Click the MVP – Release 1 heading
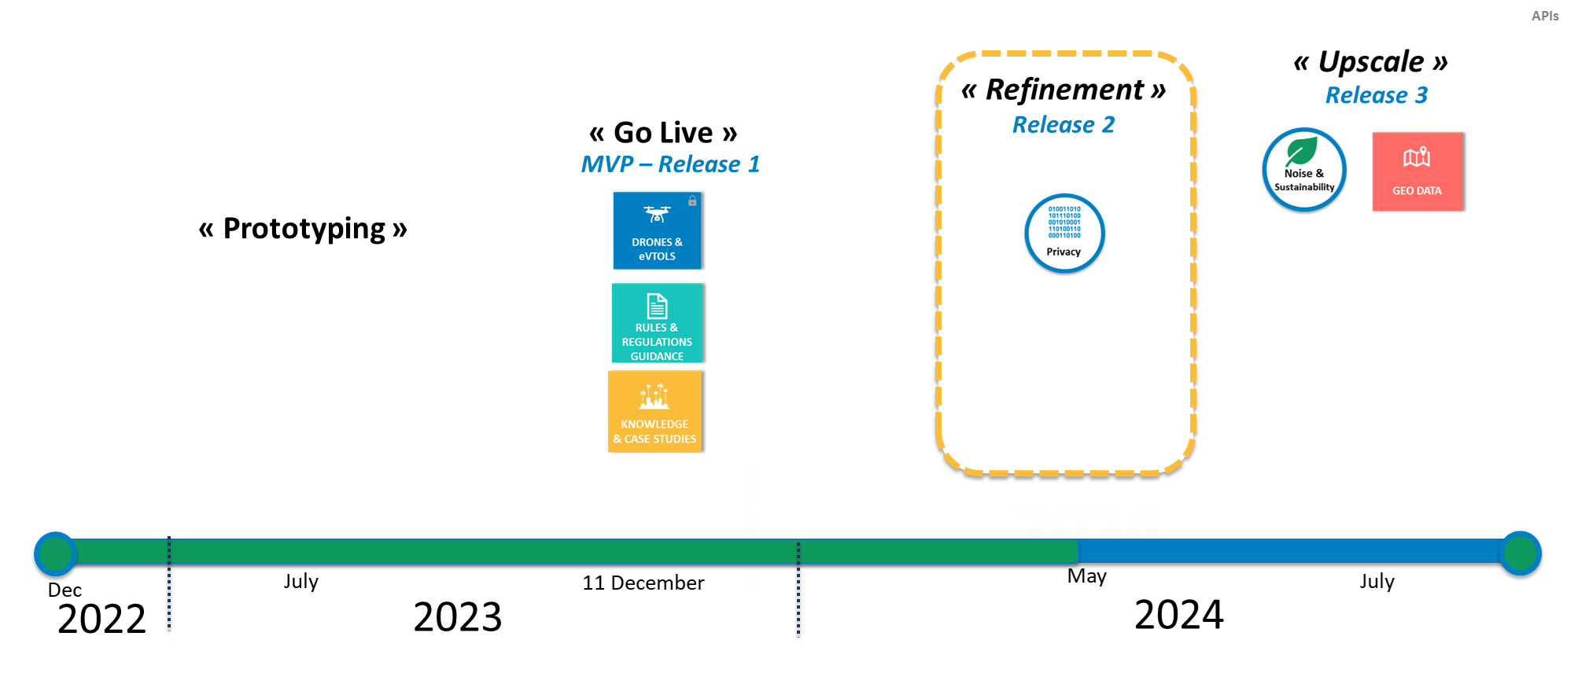[x=670, y=164]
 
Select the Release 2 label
[x=1063, y=125]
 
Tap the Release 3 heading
[x=1376, y=95]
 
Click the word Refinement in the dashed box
[x=1064, y=90]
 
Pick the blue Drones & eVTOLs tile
[x=657, y=231]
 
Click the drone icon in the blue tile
[x=657, y=214]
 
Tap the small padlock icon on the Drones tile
[x=692, y=201]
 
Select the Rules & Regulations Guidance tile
[x=657, y=323]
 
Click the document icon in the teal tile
[x=657, y=306]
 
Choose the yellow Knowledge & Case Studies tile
[x=654, y=412]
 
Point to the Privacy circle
[x=1064, y=234]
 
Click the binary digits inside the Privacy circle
[x=1064, y=222]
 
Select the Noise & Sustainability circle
[x=1304, y=170]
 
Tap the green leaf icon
[x=1302, y=151]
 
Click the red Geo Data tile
[x=1417, y=171]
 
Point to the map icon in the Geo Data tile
[x=1417, y=157]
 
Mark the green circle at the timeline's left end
[x=55, y=553]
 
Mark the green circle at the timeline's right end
[x=1520, y=553]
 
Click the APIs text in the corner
[x=1545, y=16]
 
